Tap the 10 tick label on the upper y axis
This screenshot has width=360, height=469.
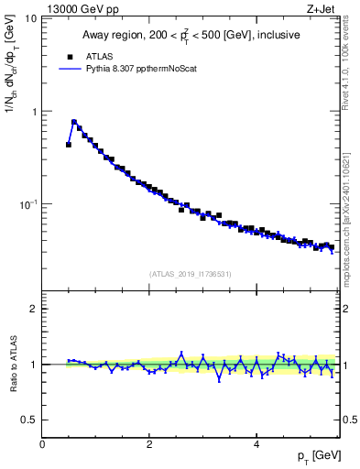pos(30,18)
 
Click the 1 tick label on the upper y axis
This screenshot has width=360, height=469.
pos(34,112)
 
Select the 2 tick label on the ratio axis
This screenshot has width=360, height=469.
pos(34,309)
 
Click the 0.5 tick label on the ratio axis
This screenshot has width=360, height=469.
pos(29,420)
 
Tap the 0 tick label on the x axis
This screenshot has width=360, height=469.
pos(42,442)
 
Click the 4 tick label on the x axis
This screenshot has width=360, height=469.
pos(256,442)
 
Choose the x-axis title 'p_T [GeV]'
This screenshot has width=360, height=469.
pos(318,456)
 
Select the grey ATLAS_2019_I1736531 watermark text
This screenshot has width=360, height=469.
pos(191,273)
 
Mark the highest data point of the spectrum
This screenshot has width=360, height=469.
pos(74,122)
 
